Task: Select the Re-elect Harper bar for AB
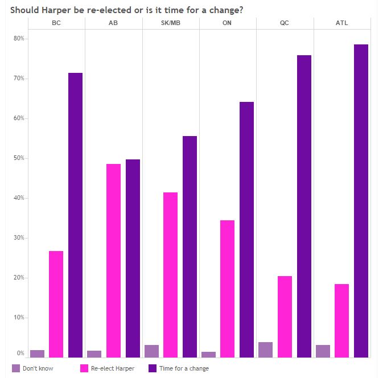point(113,261)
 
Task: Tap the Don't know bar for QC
point(265,350)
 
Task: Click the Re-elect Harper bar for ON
point(227,289)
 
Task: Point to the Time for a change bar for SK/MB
point(190,246)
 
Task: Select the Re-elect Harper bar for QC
point(285,317)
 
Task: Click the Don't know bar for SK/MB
point(151,351)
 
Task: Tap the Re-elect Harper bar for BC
point(56,304)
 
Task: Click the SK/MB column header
point(171,23)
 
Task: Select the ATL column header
point(342,23)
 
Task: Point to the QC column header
point(285,23)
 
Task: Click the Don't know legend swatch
point(15,368)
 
